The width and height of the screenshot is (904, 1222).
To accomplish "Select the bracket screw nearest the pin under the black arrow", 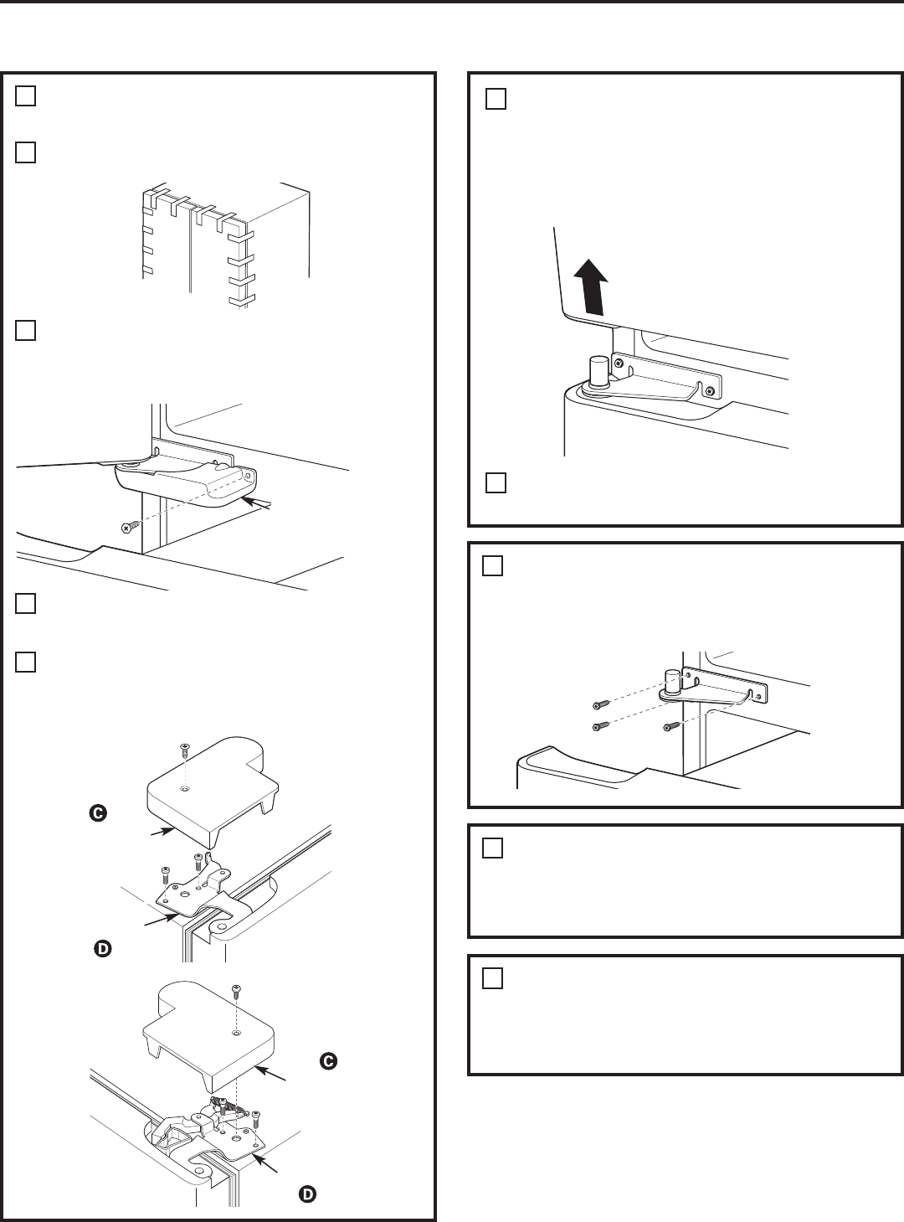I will (x=619, y=364).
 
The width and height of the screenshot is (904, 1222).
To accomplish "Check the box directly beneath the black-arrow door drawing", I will (x=496, y=483).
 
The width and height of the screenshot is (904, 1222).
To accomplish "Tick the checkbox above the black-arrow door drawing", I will (x=496, y=100).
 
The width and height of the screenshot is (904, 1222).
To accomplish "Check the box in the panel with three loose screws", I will (x=493, y=566).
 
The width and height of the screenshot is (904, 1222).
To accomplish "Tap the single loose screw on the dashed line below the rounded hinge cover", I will (x=127, y=528).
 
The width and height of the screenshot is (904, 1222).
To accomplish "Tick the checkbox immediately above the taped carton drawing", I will (x=25, y=152).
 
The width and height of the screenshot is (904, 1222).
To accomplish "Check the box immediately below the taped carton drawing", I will (x=25, y=330).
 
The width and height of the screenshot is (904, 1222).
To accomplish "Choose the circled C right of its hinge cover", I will (x=328, y=1061).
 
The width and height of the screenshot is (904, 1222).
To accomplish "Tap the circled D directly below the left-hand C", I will (x=101, y=949).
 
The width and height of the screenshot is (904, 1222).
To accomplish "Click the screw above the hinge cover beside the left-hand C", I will (x=183, y=751).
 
